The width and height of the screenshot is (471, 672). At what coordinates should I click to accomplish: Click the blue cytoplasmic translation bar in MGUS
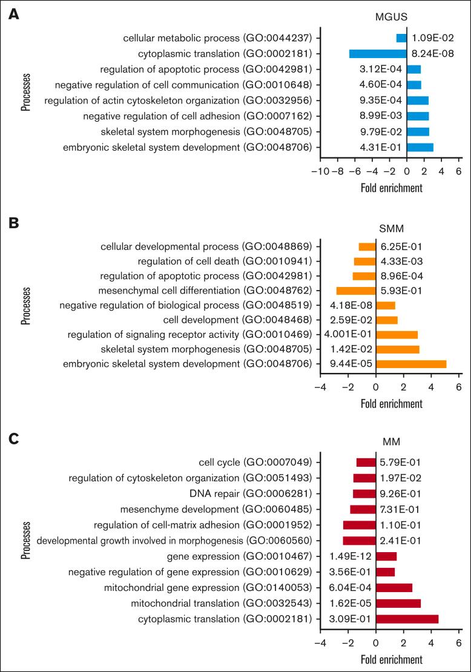(x=378, y=53)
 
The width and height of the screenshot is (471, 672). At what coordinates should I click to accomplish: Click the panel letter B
(x=13, y=222)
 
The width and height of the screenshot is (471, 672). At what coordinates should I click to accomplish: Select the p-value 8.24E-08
(x=433, y=53)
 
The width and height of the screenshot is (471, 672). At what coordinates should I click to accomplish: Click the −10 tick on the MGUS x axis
(x=318, y=171)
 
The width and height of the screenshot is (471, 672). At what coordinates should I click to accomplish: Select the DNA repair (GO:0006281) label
(x=254, y=493)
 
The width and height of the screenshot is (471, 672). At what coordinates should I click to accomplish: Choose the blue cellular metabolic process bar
(x=401, y=38)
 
